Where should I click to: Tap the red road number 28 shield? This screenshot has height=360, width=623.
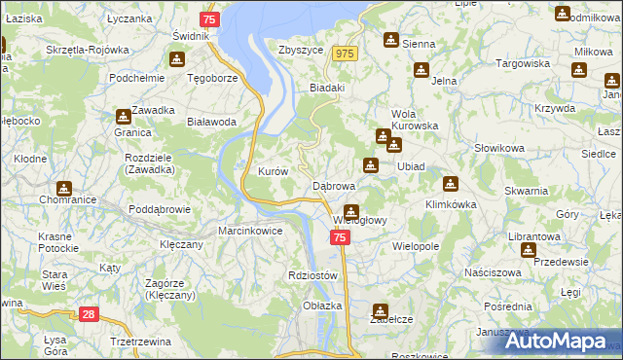pyautogui.click(x=89, y=313)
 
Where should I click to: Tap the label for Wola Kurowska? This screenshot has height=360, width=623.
pyautogui.click(x=416, y=120)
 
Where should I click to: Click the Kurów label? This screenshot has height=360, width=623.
pyautogui.click(x=273, y=171)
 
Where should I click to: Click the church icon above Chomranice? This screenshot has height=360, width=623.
pyautogui.click(x=64, y=188)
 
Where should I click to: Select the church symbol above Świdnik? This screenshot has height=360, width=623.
pyautogui.click(x=176, y=57)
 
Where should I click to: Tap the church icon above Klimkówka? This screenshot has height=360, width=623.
pyautogui.click(x=450, y=183)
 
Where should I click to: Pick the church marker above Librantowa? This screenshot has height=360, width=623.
pyautogui.click(x=528, y=249)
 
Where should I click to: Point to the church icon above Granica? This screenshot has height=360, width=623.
pyautogui.click(x=124, y=116)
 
